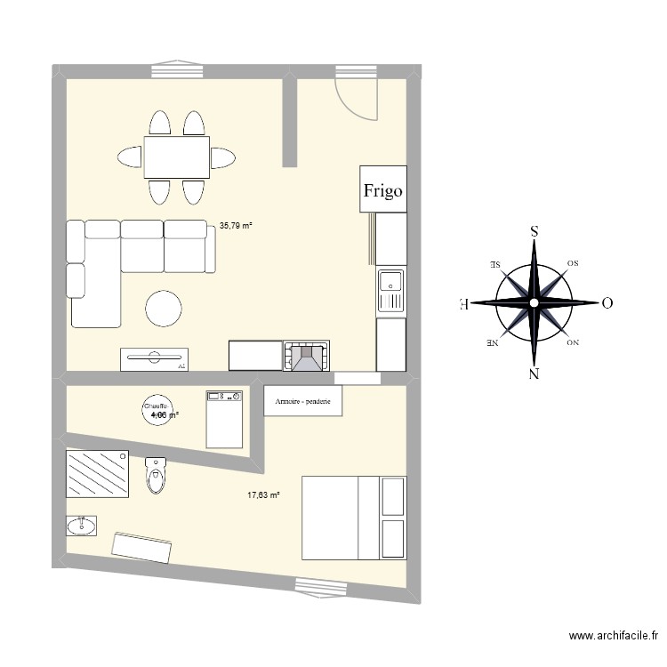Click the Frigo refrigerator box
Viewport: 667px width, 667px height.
click(x=382, y=189)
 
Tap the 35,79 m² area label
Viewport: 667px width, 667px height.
click(x=236, y=226)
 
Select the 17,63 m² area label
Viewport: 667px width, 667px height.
click(x=263, y=495)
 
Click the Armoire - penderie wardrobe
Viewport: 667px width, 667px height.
click(x=303, y=402)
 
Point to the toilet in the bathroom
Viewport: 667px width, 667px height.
click(x=156, y=475)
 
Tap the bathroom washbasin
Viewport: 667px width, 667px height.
click(x=82, y=526)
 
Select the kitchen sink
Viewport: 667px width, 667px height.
click(x=390, y=291)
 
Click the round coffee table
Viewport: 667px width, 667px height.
click(x=165, y=309)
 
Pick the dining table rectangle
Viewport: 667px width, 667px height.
click(x=177, y=157)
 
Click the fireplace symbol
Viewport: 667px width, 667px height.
click(x=306, y=356)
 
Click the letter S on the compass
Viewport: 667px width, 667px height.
click(x=534, y=230)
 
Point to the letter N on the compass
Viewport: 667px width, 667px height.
click(x=534, y=374)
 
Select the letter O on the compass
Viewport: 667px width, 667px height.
click(x=607, y=302)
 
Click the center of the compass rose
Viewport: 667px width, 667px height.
click(x=534, y=302)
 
